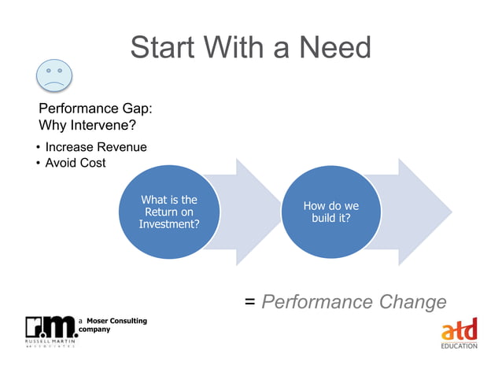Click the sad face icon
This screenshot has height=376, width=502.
point(54,76)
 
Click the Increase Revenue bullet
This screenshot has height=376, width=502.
point(95,147)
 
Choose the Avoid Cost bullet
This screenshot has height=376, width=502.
point(75,163)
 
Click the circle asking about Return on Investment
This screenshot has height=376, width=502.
point(168,212)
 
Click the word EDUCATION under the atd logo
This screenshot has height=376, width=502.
point(459,346)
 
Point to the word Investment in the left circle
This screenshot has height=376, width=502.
point(168,224)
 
